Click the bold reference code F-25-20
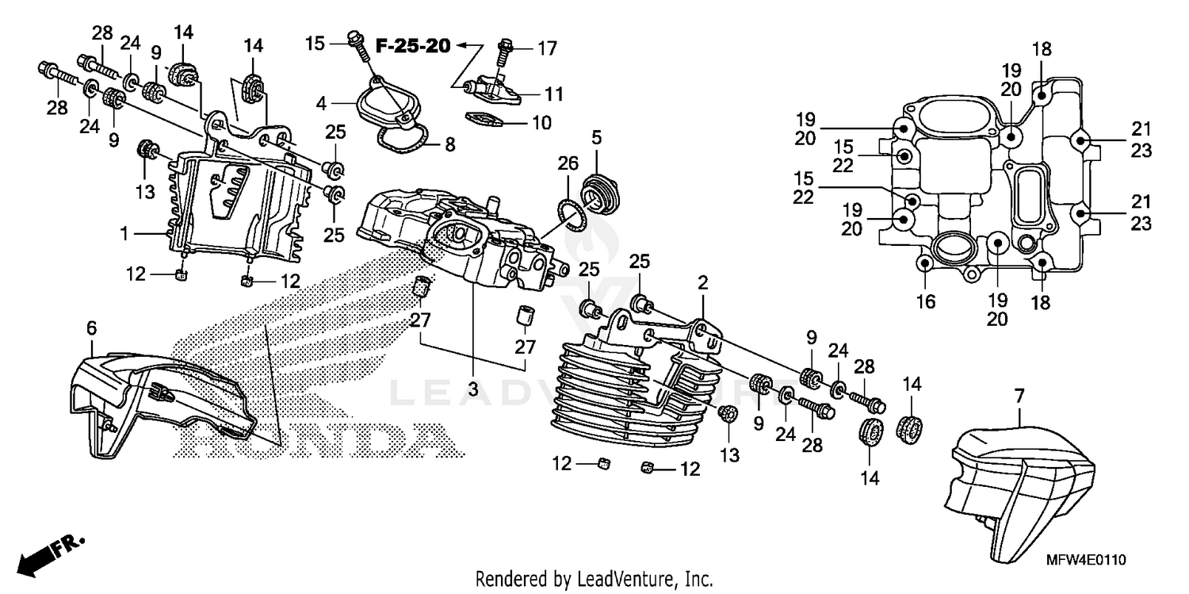412,46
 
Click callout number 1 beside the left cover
125,235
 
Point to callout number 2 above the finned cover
702,282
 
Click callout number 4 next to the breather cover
321,102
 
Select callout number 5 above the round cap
596,137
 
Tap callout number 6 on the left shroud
91,326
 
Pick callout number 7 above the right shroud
1019,394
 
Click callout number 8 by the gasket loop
449,144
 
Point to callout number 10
541,123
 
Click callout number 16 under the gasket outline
926,301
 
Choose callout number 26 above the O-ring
564,164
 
